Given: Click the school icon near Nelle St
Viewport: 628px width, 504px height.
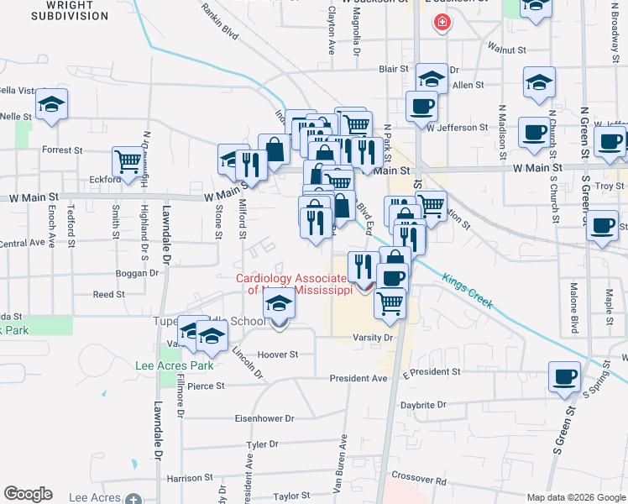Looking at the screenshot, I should click(x=52, y=103).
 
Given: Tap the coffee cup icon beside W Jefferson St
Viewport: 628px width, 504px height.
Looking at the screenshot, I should click(x=421, y=107).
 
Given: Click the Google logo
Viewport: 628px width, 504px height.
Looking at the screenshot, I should click(x=29, y=493).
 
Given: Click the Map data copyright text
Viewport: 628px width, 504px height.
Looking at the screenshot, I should click(x=576, y=496).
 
